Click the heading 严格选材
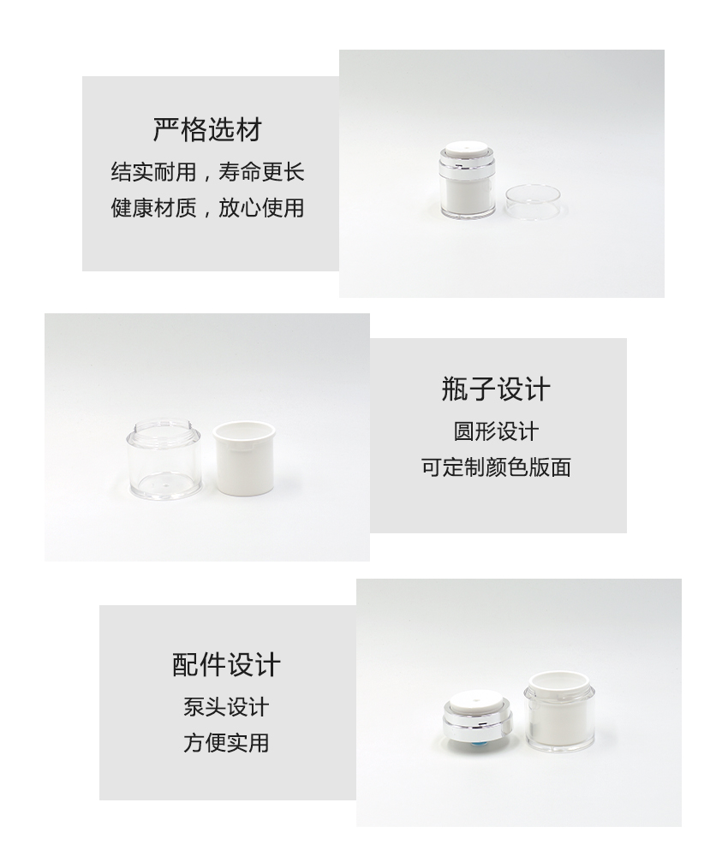tap(207, 130)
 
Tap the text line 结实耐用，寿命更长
tap(207, 172)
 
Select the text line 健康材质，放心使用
tap(207, 207)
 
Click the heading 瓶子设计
tap(496, 389)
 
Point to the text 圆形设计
tap(496, 431)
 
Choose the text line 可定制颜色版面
tap(496, 467)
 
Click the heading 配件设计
tap(226, 665)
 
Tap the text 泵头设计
tap(226, 707)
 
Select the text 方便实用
tap(226, 743)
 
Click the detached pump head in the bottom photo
tap(477, 718)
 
